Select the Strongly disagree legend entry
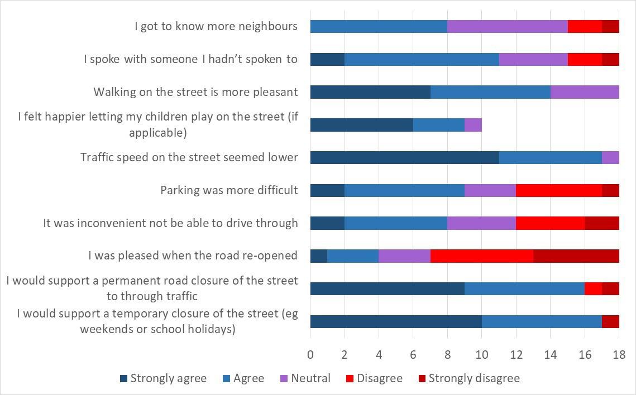click(x=474, y=378)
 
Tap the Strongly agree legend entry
click(x=168, y=378)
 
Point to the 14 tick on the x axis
click(x=551, y=354)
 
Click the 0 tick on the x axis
click(x=310, y=354)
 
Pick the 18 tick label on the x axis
click(x=619, y=354)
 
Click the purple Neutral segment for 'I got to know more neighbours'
click(x=508, y=26)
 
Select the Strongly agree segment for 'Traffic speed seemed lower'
click(x=404, y=157)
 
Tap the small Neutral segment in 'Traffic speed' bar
click(x=610, y=157)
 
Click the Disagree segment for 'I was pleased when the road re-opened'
click(x=482, y=256)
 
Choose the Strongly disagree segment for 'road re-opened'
click(x=576, y=256)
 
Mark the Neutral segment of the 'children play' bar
click(x=473, y=125)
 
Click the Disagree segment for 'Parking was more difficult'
click(x=559, y=190)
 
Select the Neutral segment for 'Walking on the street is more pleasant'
click(x=585, y=92)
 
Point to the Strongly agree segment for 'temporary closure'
click(x=396, y=321)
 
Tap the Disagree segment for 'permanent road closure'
click(x=593, y=288)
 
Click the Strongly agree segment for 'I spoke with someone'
click(x=327, y=59)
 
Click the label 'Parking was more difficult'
click(x=229, y=190)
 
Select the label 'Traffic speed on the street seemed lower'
click(x=189, y=157)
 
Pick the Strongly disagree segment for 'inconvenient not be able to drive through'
click(x=602, y=223)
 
